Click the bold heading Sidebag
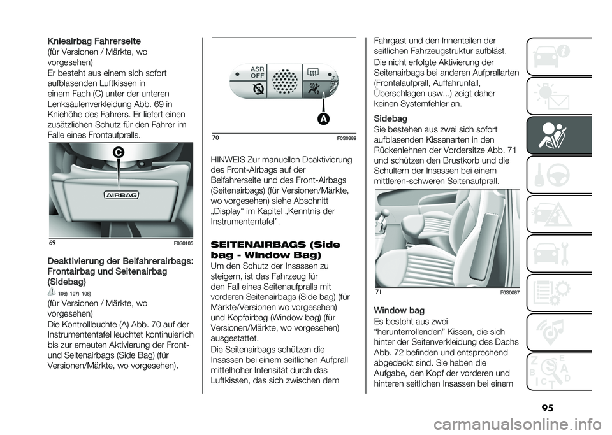click(x=390, y=118)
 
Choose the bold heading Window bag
click(x=400, y=310)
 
